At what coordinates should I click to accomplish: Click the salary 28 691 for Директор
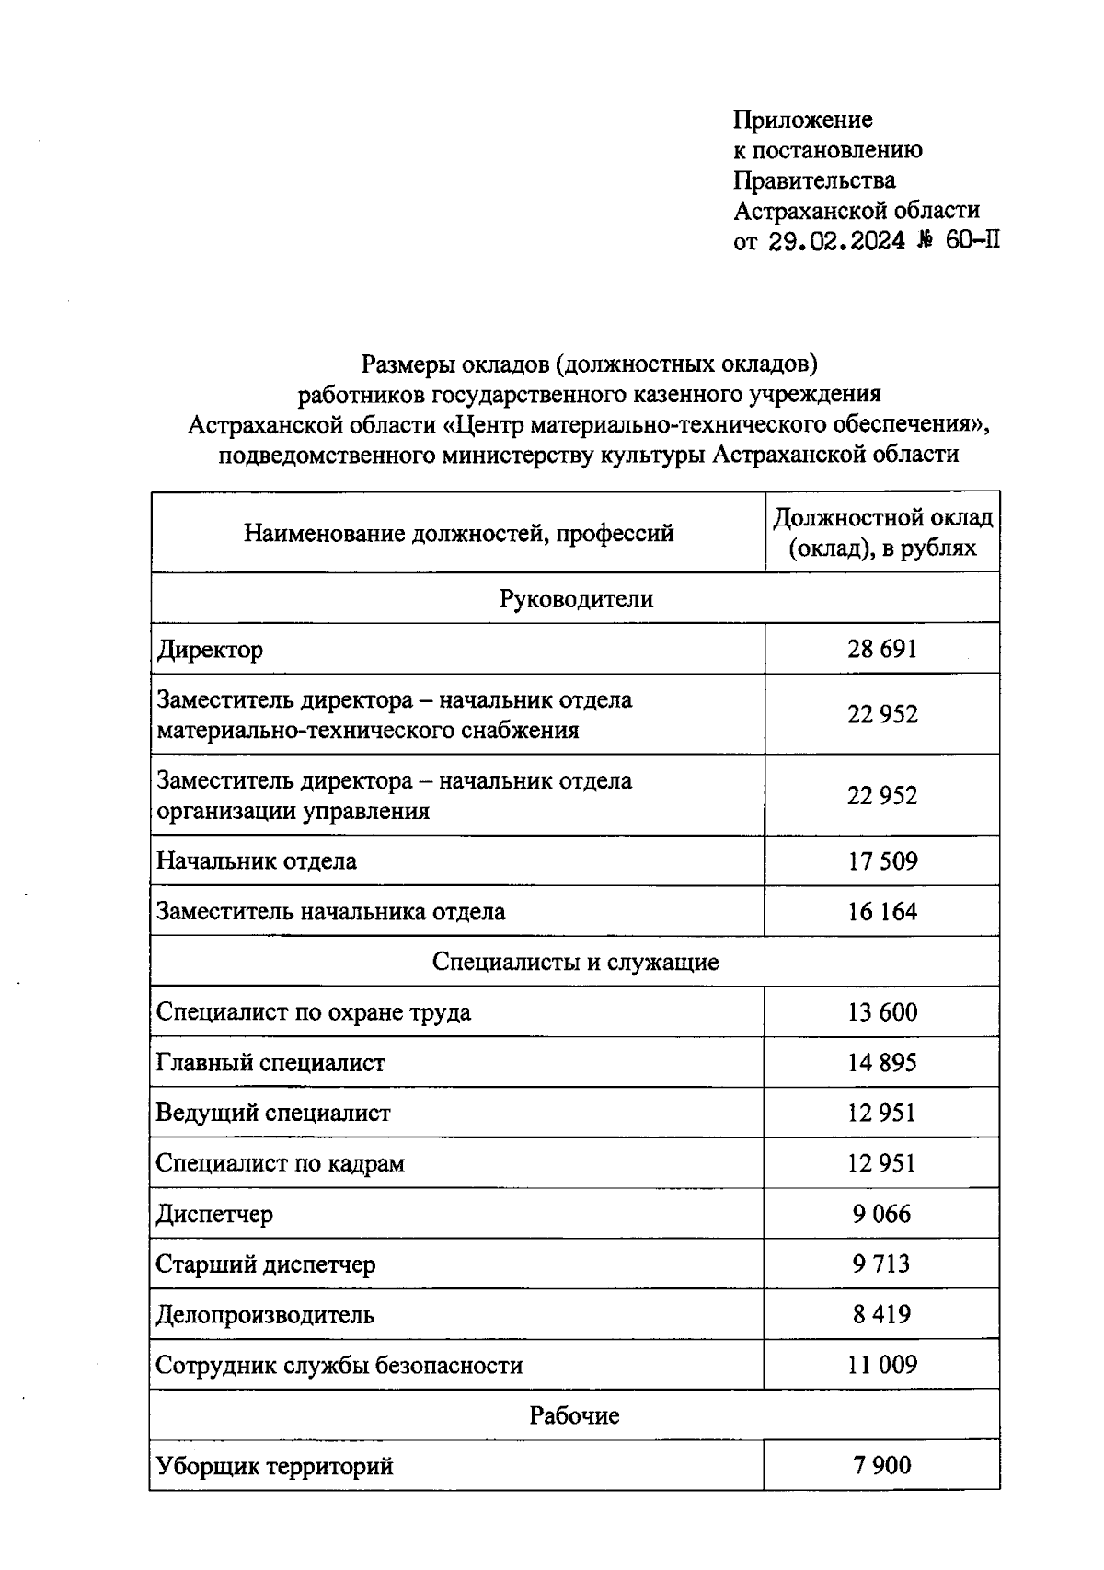(x=881, y=650)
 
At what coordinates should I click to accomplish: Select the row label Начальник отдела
(x=257, y=861)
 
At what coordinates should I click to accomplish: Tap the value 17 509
(x=881, y=861)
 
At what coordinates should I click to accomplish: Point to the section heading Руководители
(x=576, y=599)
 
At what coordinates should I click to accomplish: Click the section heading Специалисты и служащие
(x=576, y=963)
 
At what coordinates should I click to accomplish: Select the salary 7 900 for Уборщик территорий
(x=881, y=1465)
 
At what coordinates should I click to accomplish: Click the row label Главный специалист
(x=270, y=1063)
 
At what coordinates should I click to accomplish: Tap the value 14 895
(x=881, y=1063)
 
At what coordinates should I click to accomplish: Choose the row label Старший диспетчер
(x=266, y=1264)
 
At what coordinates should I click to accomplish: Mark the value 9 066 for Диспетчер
(x=881, y=1214)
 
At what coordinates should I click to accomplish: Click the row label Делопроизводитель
(x=265, y=1314)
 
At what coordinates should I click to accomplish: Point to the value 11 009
(x=881, y=1365)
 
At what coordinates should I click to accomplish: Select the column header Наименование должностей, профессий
(x=458, y=533)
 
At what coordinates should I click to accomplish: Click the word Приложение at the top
(x=802, y=120)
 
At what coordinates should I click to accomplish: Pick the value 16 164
(x=881, y=912)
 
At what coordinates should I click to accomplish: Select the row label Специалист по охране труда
(x=313, y=1012)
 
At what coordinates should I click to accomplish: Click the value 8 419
(x=881, y=1314)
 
